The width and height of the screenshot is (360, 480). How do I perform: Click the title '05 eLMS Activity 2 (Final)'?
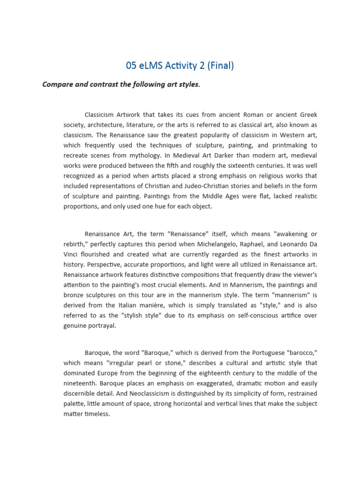[x=180, y=66]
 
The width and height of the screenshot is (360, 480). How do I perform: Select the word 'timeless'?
[x=96, y=414]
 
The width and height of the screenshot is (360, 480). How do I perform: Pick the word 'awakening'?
[x=292, y=233]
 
